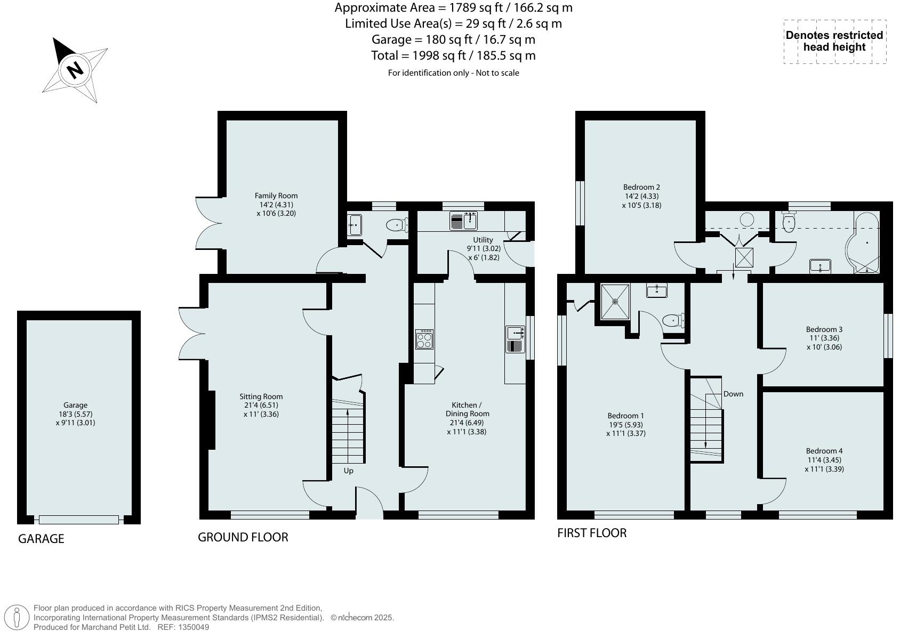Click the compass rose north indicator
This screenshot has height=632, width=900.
point(75,69)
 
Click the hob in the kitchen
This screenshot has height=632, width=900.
point(424,339)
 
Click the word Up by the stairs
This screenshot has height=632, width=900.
point(348,471)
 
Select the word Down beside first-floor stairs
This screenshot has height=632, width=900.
point(733,394)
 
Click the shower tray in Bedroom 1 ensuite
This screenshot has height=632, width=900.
point(615,302)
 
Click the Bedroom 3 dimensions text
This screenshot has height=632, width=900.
point(824,343)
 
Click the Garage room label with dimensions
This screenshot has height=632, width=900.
point(75,414)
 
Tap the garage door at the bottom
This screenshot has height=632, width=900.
point(79,520)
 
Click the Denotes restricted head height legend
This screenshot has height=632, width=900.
point(834,42)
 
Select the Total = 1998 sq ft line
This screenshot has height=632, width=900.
point(453,56)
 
